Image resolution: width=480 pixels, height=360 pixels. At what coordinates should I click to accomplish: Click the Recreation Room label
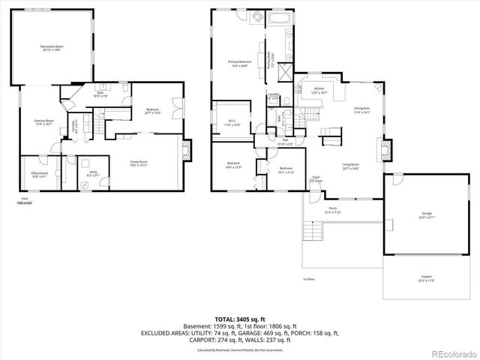(x=52, y=48)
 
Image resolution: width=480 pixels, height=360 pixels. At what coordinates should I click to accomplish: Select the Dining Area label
(x=361, y=110)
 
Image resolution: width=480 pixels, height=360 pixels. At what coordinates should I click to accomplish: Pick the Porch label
(x=332, y=211)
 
